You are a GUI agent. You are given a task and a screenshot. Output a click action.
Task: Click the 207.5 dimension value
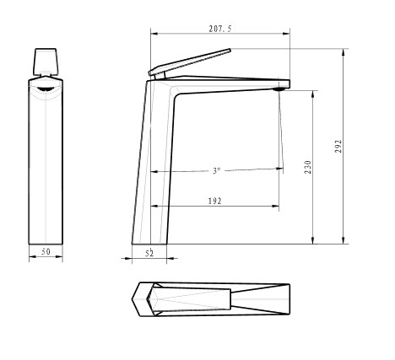pyautogui.click(x=220, y=29)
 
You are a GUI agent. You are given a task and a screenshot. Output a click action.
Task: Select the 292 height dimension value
pyautogui.click(x=338, y=146)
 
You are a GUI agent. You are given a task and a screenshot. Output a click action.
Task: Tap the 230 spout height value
pyautogui.click(x=308, y=167)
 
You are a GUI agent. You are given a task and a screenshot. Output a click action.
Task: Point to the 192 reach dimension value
pyautogui.click(x=215, y=201)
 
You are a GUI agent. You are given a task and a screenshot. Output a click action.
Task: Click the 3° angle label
pyautogui.click(x=217, y=170)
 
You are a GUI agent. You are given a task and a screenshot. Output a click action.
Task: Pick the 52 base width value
pyautogui.click(x=149, y=253)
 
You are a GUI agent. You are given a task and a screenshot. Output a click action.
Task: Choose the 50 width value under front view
pyautogui.click(x=46, y=251)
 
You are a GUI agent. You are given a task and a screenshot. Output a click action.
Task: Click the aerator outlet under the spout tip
pyautogui.click(x=279, y=89)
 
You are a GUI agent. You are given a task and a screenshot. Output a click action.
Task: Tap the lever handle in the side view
pyautogui.click(x=190, y=61)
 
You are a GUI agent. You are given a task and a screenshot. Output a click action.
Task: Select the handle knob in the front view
pyautogui.click(x=46, y=62)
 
